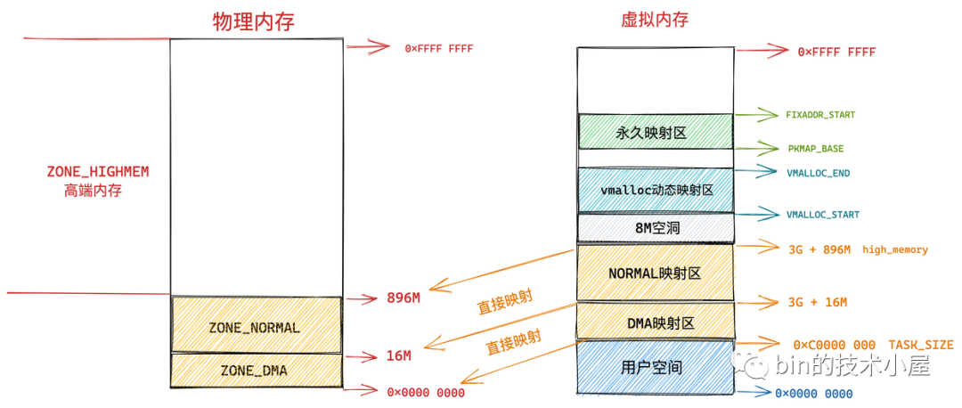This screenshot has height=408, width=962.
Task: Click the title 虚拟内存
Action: point(653,20)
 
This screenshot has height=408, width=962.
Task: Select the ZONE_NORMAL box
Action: point(255,327)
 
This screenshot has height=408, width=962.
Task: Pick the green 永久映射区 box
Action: point(656,132)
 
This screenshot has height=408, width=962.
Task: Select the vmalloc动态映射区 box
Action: point(656,190)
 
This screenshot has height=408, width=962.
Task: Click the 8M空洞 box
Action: point(656,228)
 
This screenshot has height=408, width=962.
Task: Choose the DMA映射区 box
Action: point(656,322)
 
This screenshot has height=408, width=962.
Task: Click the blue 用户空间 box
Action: point(656,366)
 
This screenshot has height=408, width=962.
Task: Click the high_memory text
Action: point(895,249)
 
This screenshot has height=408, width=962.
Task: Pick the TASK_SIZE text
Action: point(920,345)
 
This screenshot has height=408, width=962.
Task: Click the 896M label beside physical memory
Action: point(404,298)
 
